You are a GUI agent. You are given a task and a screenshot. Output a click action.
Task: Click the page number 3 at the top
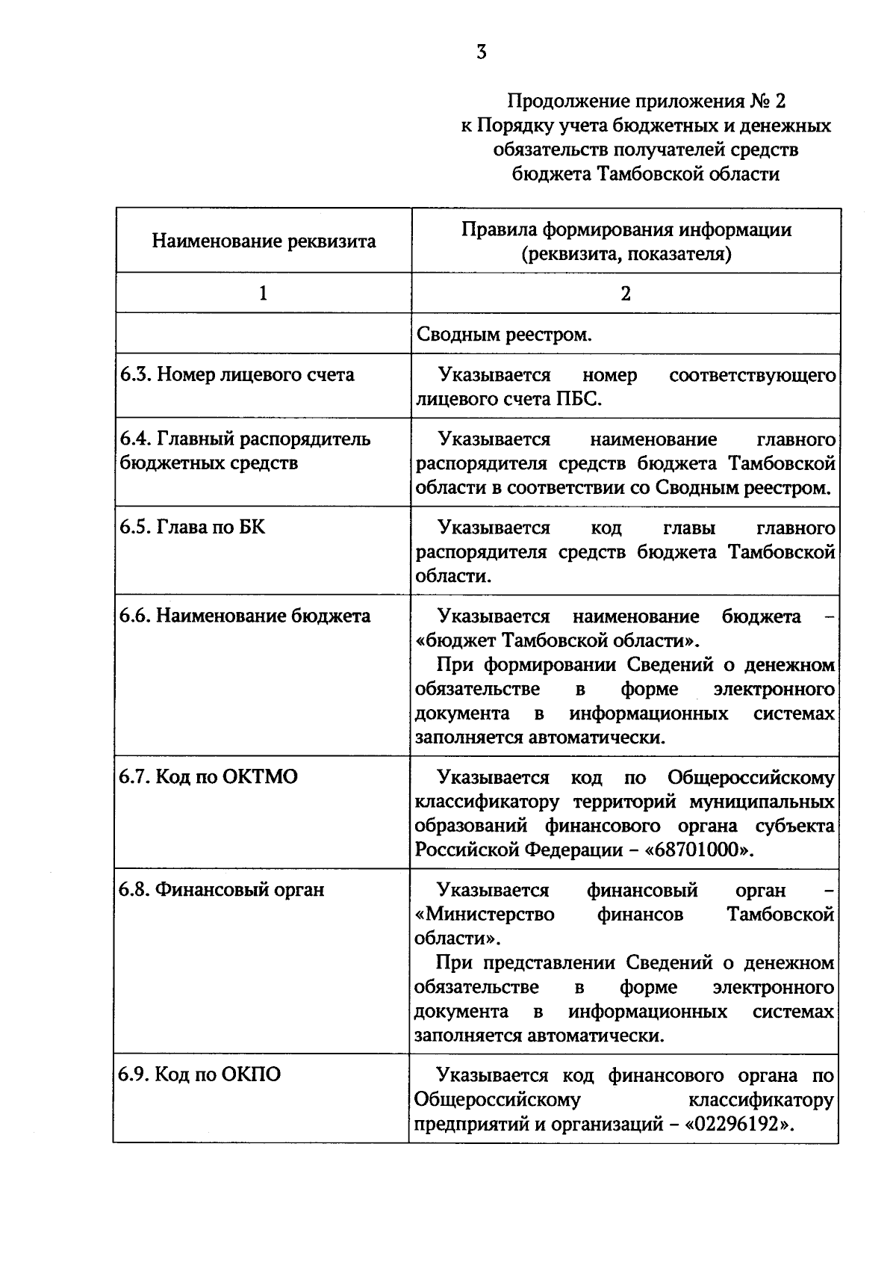(482, 52)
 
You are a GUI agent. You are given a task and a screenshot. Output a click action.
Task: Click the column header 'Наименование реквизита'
(264, 241)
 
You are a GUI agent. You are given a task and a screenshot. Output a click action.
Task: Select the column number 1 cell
(263, 294)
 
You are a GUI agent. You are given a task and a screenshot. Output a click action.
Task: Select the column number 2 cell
(626, 294)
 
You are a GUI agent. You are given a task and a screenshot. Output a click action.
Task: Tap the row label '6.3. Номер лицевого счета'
(237, 374)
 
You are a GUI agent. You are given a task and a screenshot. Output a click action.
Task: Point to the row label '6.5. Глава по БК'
(192, 528)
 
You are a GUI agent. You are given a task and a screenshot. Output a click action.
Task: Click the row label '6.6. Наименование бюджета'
(244, 616)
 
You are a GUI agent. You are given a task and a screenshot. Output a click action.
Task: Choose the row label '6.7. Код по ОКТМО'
(208, 777)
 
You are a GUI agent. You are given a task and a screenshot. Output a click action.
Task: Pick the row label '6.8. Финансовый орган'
(221, 890)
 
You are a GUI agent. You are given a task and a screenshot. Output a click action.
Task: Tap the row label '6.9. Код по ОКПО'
(199, 1075)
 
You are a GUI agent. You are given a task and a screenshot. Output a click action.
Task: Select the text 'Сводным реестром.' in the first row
(504, 335)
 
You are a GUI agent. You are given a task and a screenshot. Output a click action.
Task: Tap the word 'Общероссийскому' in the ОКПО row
(497, 1100)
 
